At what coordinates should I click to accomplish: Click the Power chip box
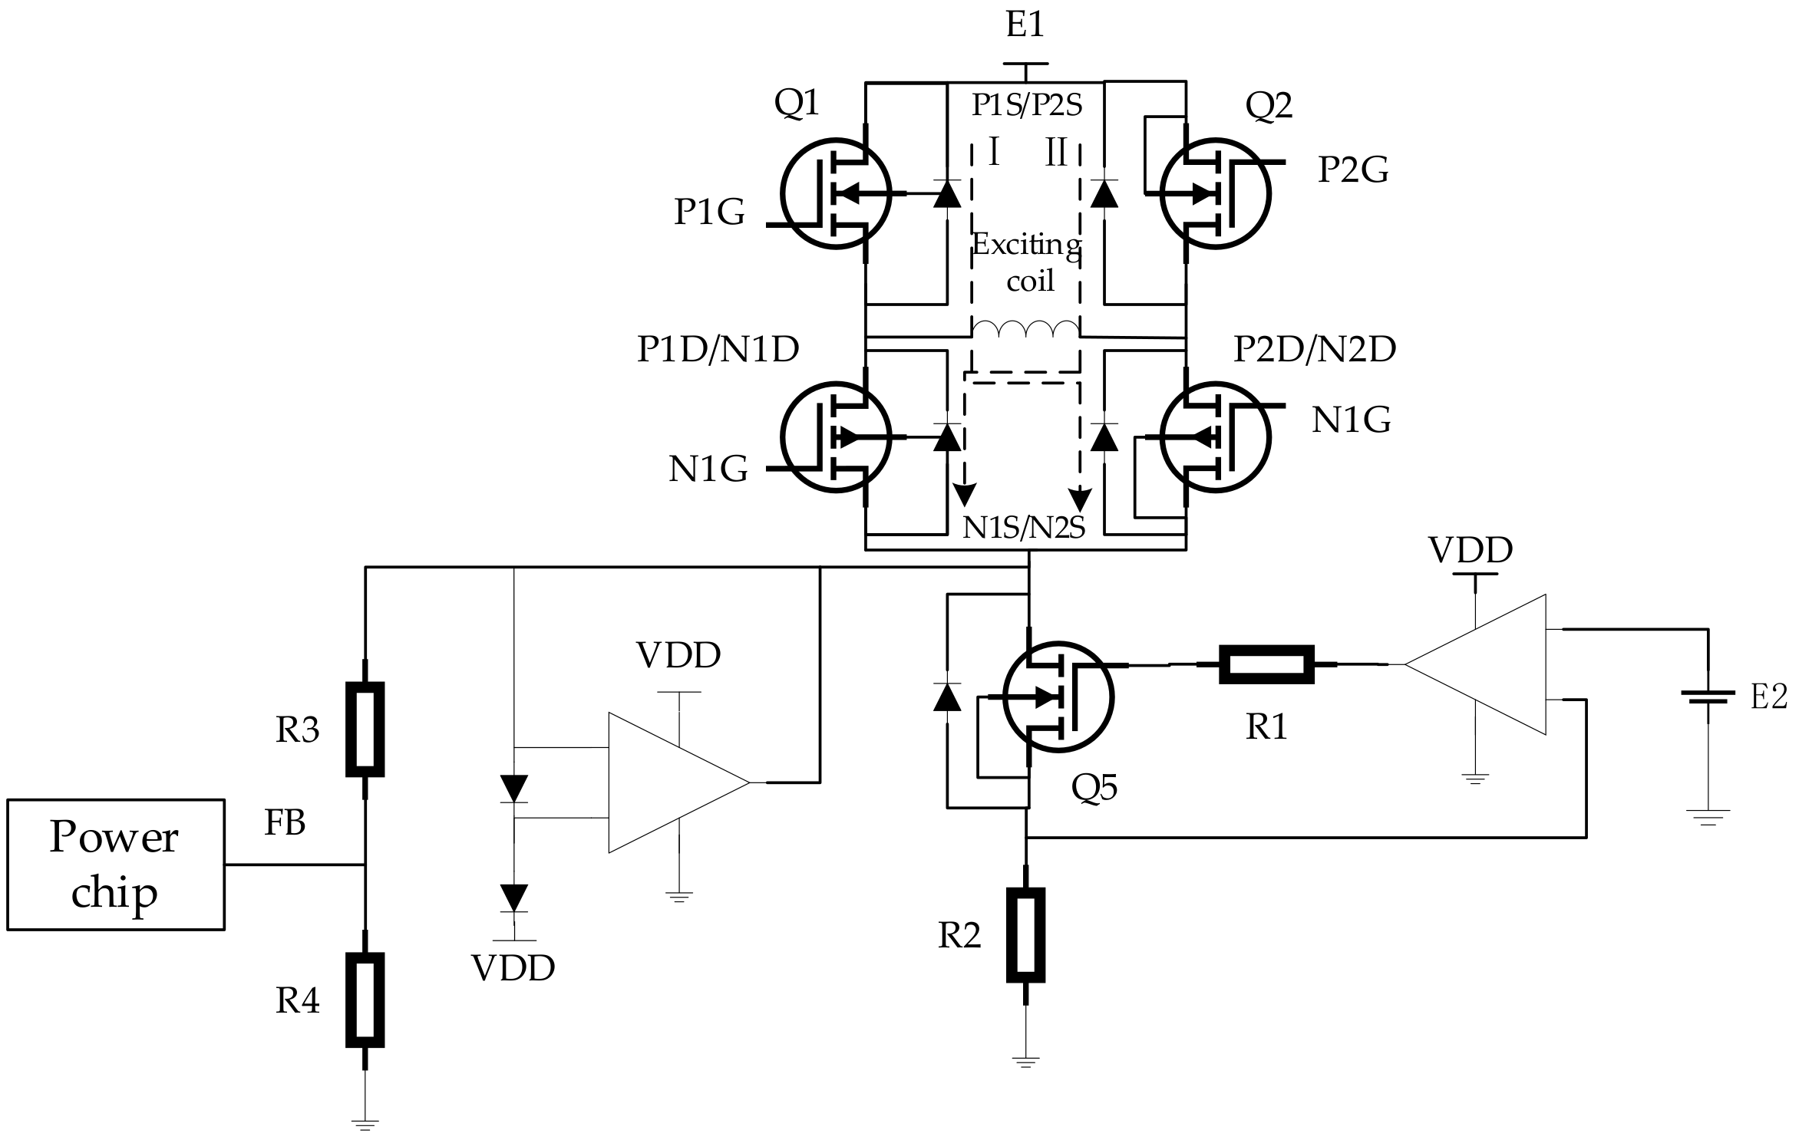115,865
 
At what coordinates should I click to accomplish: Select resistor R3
365,729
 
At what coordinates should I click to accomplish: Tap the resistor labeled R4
365,1000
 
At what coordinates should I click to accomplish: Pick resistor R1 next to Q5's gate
1267,664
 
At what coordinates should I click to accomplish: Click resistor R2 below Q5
1026,935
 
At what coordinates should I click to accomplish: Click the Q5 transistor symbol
1058,697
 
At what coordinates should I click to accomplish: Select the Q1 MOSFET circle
836,193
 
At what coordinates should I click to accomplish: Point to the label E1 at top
1025,25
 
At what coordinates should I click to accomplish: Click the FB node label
285,823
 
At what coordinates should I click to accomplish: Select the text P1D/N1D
718,349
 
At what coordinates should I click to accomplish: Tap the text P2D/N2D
1315,349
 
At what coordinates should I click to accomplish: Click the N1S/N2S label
1024,528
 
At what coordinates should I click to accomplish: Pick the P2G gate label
1352,170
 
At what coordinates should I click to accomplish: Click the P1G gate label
709,211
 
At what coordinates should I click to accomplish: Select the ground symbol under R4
365,1125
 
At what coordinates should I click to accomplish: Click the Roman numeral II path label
1056,152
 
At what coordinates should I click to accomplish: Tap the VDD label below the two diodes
513,968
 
